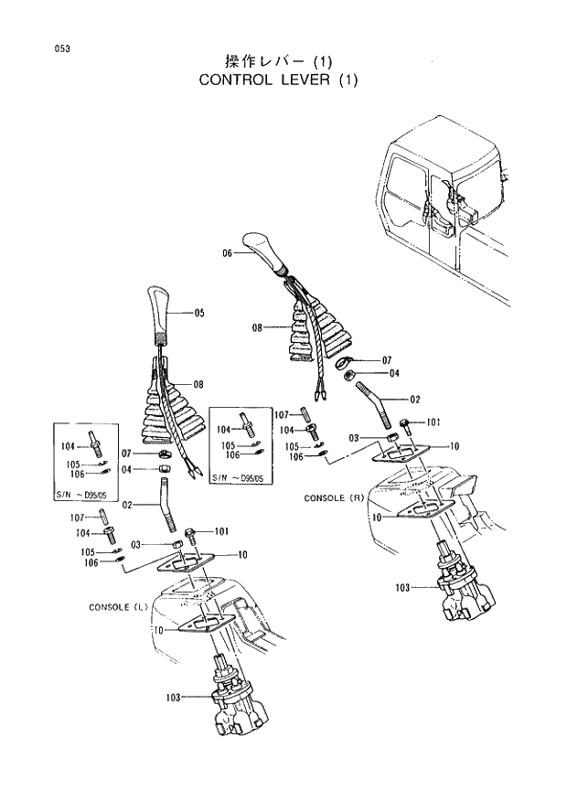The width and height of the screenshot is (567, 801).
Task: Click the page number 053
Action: (37, 48)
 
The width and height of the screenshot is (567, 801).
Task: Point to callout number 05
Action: (198, 313)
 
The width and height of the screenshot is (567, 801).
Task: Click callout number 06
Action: (228, 253)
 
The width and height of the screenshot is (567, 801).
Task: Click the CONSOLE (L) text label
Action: (119, 607)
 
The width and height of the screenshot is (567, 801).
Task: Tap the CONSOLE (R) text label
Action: (335, 498)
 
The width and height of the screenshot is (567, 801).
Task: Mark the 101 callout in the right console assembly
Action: (433, 422)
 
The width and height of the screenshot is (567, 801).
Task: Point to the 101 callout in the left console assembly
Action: (220, 531)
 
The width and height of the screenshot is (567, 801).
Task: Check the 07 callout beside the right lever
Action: (386, 360)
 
